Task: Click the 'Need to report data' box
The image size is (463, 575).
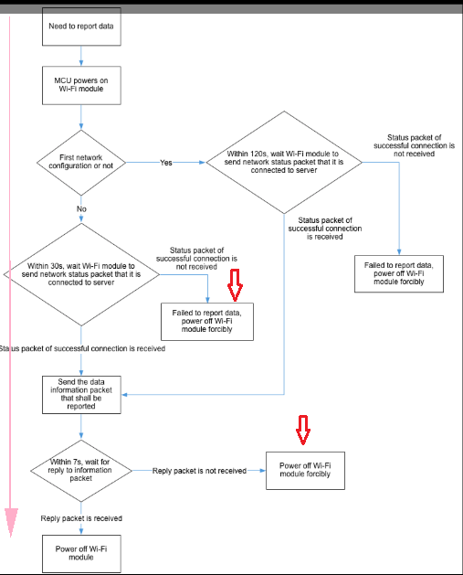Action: [81, 27]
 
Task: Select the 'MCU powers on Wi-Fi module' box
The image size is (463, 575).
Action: [81, 85]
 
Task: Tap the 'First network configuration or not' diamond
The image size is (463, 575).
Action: [81, 163]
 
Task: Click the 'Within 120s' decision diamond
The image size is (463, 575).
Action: [284, 162]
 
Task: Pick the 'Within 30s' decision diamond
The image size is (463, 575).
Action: [81, 274]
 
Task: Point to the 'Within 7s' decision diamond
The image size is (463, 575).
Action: [81, 471]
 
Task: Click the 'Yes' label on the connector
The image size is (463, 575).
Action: [166, 163]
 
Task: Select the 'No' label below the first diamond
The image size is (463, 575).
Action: [81, 208]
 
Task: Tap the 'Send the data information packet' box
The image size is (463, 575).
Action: [81, 395]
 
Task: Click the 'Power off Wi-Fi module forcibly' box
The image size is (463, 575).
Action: [305, 471]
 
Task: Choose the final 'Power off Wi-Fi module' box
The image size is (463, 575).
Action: [81, 553]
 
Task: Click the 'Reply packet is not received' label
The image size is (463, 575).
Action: [199, 471]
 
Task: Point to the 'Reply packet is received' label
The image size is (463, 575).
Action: [81, 518]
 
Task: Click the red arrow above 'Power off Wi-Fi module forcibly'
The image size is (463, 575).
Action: [303, 430]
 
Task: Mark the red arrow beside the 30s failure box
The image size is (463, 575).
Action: [235, 285]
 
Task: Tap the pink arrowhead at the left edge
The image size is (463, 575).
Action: [11, 521]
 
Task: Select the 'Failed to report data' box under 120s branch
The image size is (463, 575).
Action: [399, 273]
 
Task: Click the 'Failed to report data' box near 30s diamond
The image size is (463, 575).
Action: [207, 321]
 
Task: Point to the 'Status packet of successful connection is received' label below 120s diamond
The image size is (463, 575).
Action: [325, 229]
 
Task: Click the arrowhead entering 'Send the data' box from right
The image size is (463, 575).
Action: [124, 395]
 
